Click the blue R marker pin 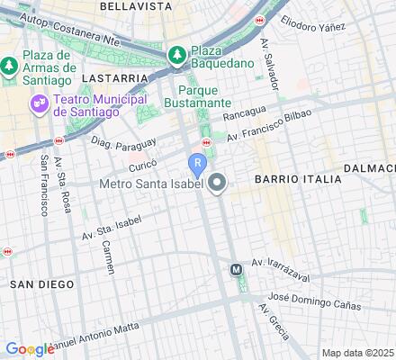[197, 165]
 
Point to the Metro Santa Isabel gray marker [217, 185]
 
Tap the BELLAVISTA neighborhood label [135, 5]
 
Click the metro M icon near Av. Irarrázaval [237, 269]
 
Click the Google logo [29, 349]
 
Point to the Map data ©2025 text [357, 353]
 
